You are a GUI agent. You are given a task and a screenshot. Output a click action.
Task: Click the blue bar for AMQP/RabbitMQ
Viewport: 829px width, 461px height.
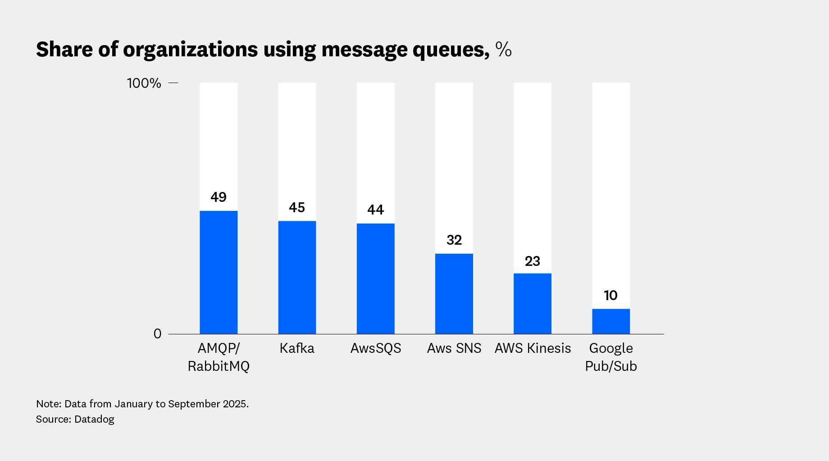pos(219,272)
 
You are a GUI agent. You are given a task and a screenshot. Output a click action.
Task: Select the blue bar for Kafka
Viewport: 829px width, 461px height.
pos(297,277)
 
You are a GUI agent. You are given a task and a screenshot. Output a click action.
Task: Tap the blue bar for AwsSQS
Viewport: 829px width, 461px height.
pos(375,278)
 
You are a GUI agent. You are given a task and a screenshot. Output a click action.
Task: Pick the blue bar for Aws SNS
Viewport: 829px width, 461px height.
pos(454,294)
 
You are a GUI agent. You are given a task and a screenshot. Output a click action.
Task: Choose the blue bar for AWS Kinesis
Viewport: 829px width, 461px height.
pos(532,303)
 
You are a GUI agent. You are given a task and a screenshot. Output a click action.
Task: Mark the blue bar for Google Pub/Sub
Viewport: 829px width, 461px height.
pos(610,321)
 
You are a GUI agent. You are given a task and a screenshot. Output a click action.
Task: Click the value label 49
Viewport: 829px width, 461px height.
pos(219,197)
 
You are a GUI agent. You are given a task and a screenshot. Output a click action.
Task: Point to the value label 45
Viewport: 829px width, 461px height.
pos(297,208)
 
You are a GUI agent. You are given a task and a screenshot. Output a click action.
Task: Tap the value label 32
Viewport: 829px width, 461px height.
pos(454,240)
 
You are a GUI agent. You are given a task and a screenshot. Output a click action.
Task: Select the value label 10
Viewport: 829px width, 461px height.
pos(610,296)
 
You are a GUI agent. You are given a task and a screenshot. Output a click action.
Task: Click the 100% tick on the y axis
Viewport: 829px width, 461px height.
pos(144,83)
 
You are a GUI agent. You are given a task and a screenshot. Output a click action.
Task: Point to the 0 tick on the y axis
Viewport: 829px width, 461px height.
pos(157,334)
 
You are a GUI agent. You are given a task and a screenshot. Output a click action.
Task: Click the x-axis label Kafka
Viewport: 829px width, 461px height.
pos(297,348)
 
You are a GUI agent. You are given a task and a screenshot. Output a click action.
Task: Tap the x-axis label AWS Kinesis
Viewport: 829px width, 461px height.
pos(533,348)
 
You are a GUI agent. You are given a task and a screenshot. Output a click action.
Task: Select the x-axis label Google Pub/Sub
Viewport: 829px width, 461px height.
pos(610,357)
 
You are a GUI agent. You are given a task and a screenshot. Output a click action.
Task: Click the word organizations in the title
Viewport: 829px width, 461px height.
pos(191,50)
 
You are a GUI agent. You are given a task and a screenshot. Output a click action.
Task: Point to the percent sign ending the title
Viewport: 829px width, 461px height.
pos(503,50)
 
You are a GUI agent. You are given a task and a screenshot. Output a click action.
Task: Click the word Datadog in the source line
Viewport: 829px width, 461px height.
pos(94,419)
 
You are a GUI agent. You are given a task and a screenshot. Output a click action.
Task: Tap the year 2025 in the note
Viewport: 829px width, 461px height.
pos(235,404)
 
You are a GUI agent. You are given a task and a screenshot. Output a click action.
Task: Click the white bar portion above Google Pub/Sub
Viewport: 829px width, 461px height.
pos(610,189)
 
